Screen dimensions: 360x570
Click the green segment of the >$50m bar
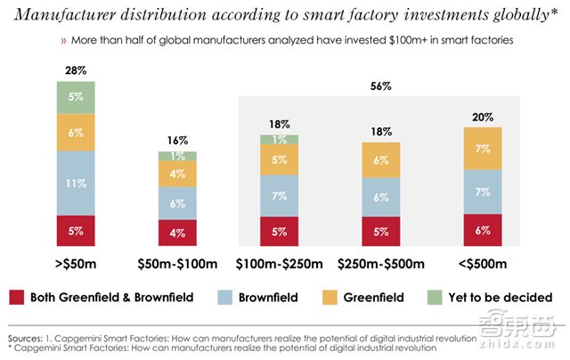[x=76, y=97]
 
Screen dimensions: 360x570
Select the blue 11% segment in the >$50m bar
[x=76, y=183]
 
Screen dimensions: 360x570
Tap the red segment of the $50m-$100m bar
[x=177, y=232]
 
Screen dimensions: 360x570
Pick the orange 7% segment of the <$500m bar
[x=482, y=148]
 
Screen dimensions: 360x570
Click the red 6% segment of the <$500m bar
[x=482, y=229]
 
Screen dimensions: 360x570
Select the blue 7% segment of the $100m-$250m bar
[x=279, y=195]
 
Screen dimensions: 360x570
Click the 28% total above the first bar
[x=76, y=70]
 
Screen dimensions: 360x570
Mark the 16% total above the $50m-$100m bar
[x=177, y=140]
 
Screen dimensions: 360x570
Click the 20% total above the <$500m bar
[x=482, y=116]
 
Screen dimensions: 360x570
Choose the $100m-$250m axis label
[x=280, y=264]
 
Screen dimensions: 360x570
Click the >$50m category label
[x=76, y=264]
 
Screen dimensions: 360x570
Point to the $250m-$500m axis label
[x=381, y=264]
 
